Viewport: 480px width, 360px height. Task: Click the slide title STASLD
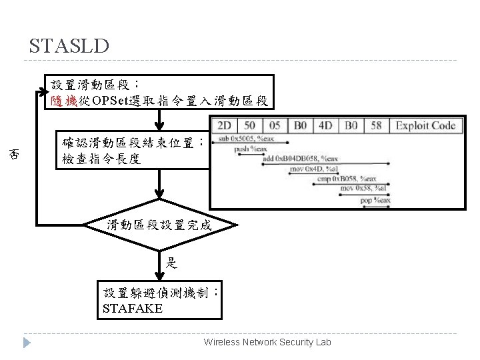pyautogui.click(x=69, y=46)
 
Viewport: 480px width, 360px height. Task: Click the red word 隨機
pyautogui.click(x=64, y=101)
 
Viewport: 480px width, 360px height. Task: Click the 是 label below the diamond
pyautogui.click(x=171, y=263)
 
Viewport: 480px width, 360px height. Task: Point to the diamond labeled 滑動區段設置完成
pyautogui.click(x=159, y=225)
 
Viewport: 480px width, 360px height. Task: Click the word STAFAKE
pyautogui.click(x=133, y=309)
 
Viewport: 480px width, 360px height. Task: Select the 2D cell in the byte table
pyautogui.click(x=225, y=126)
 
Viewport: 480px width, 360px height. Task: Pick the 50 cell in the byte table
pyautogui.click(x=249, y=126)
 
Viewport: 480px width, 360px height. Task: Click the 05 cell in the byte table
pyautogui.click(x=273, y=126)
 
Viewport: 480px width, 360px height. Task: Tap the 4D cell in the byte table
pyautogui.click(x=325, y=126)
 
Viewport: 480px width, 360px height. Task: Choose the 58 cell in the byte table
pyautogui.click(x=375, y=126)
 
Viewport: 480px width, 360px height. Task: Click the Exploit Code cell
pyautogui.click(x=425, y=126)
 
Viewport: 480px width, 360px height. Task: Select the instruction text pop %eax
pyautogui.click(x=375, y=199)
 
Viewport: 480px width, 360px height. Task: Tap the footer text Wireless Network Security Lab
pyautogui.click(x=267, y=342)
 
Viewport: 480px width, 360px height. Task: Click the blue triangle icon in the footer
pyautogui.click(x=27, y=343)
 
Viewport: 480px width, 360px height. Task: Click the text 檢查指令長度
pyautogui.click(x=101, y=160)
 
